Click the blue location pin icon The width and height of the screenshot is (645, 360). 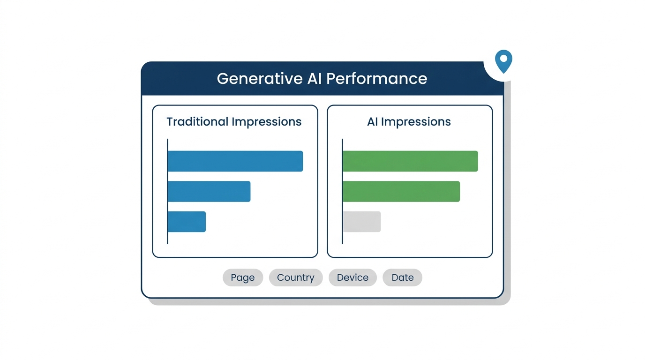[503, 61]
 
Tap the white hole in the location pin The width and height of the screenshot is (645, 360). [503, 59]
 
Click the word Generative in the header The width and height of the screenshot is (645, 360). [260, 79]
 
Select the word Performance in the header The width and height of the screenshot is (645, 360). [376, 79]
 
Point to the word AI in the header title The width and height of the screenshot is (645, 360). [315, 79]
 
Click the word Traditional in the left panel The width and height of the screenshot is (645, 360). [197, 121]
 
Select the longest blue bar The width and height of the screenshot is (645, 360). [235, 161]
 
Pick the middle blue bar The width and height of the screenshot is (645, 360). [209, 192]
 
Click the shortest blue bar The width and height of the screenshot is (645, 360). [187, 222]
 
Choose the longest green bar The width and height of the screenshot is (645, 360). [410, 161]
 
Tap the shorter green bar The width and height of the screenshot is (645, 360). [401, 192]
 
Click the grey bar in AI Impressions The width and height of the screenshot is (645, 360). [362, 222]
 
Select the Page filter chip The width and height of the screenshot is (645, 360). [243, 277]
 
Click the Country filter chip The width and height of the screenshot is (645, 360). [296, 277]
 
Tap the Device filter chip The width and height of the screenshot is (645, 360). [352, 277]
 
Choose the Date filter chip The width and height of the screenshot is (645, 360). [403, 277]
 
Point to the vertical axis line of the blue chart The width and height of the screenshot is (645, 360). [168, 192]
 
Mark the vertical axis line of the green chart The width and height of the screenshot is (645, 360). [342, 192]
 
